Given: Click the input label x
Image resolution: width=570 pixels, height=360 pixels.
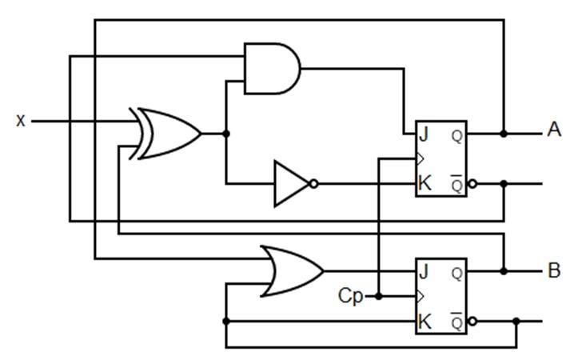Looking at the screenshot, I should click(21, 121).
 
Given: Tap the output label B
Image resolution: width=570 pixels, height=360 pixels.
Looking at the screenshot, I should click(554, 271).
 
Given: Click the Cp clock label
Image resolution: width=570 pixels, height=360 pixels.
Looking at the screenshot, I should click(349, 297).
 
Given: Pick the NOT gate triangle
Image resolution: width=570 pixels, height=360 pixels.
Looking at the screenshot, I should click(290, 183).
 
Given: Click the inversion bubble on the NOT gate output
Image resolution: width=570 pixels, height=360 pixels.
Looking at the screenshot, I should click(313, 183).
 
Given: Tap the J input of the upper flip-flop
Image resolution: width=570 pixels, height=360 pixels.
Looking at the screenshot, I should click(424, 134).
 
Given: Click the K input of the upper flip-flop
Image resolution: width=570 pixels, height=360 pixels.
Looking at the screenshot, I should click(425, 183).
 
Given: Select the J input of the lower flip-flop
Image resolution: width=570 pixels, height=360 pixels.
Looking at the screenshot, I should click(424, 271).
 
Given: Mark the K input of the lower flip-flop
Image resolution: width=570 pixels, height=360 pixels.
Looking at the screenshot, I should click(425, 322).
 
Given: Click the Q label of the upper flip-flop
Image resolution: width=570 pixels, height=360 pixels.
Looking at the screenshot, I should click(456, 135).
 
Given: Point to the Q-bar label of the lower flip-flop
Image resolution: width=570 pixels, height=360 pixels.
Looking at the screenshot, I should click(456, 321).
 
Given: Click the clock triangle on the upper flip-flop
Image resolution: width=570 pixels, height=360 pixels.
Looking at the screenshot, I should click(419, 158).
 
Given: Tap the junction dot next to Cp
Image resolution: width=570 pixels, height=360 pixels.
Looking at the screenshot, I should click(378, 296).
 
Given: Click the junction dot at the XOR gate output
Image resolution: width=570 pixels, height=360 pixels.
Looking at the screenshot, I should click(225, 134).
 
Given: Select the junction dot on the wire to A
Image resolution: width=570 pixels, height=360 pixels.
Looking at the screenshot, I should click(504, 134).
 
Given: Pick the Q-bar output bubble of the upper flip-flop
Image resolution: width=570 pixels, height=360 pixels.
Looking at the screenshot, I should click(472, 183).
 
